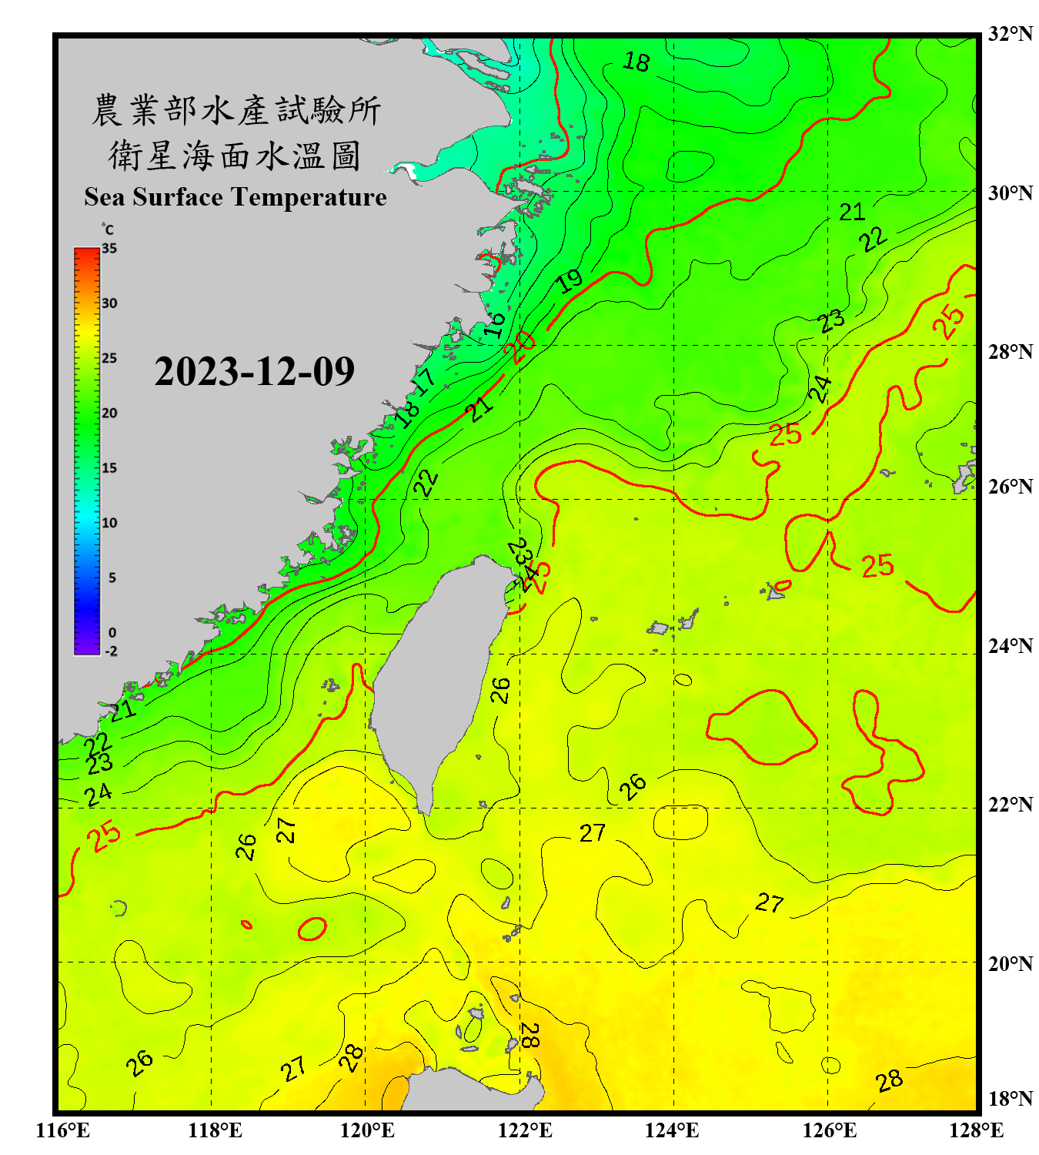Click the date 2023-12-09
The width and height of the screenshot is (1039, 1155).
pyautogui.click(x=254, y=371)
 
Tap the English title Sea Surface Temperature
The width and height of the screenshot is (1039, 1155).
pyautogui.click(x=236, y=197)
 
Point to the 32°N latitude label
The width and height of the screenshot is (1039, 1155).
pyautogui.click(x=1010, y=34)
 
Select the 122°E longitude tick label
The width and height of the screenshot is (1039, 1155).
pyautogui.click(x=525, y=1130)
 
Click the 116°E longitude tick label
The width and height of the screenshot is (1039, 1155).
pyautogui.click(x=63, y=1130)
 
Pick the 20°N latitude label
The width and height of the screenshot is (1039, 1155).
pyautogui.click(x=1010, y=963)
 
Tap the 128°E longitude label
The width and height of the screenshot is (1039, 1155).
pyautogui.click(x=976, y=1130)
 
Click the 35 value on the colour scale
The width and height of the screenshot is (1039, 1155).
pyautogui.click(x=109, y=249)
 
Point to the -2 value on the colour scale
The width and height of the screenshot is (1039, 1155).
pyautogui.click(x=111, y=651)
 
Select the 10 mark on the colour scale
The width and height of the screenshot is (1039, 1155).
pyautogui.click(x=109, y=523)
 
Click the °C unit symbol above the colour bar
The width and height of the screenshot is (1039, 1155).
pyautogui.click(x=108, y=229)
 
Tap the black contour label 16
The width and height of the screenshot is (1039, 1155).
pyautogui.click(x=495, y=323)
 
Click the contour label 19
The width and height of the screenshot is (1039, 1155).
pyautogui.click(x=570, y=281)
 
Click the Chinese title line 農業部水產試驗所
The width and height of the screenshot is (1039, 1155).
pyautogui.click(x=236, y=110)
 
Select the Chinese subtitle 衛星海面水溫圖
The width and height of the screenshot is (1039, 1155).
pyautogui.click(x=236, y=156)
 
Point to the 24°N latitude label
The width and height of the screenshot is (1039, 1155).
pyautogui.click(x=1010, y=645)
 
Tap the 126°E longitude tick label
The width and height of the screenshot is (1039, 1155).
pyautogui.click(x=829, y=1130)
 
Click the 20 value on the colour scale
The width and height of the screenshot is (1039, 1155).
pyautogui.click(x=109, y=413)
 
